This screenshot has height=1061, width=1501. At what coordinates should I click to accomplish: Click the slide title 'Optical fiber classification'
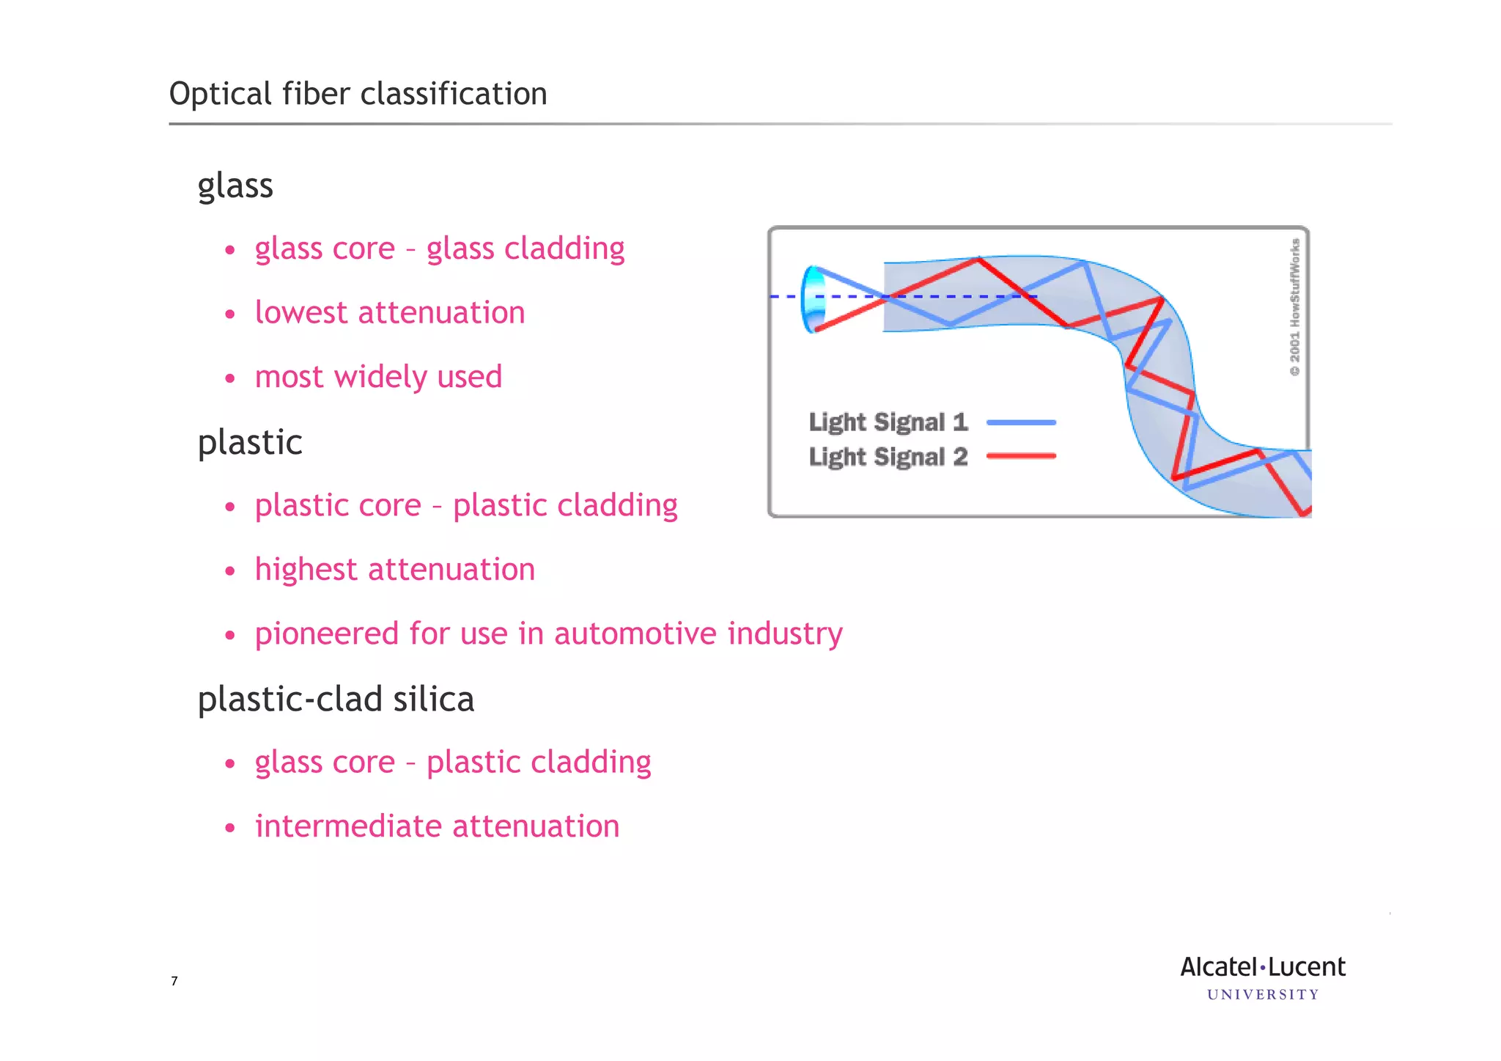point(358,95)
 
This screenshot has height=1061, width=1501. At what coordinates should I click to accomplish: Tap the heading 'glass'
point(235,186)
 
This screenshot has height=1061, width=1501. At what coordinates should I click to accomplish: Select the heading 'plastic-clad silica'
point(336,699)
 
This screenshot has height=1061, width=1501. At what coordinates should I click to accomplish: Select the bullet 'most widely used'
point(378,377)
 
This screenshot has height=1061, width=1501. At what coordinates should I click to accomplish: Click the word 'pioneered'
point(326,634)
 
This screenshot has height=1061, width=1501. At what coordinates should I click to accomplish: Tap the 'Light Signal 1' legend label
point(888,422)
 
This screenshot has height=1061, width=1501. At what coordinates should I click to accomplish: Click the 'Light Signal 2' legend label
point(888,457)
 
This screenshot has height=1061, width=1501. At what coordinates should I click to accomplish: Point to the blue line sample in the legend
point(1021,422)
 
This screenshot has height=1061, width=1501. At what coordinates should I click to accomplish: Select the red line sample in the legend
point(1021,456)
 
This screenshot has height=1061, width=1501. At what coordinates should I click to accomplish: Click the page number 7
point(174,981)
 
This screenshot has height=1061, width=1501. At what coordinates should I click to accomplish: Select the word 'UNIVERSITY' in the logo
point(1263,995)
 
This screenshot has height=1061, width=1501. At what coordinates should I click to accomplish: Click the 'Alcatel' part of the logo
point(1219,967)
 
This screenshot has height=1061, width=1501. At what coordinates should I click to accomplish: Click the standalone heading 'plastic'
point(250,442)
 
